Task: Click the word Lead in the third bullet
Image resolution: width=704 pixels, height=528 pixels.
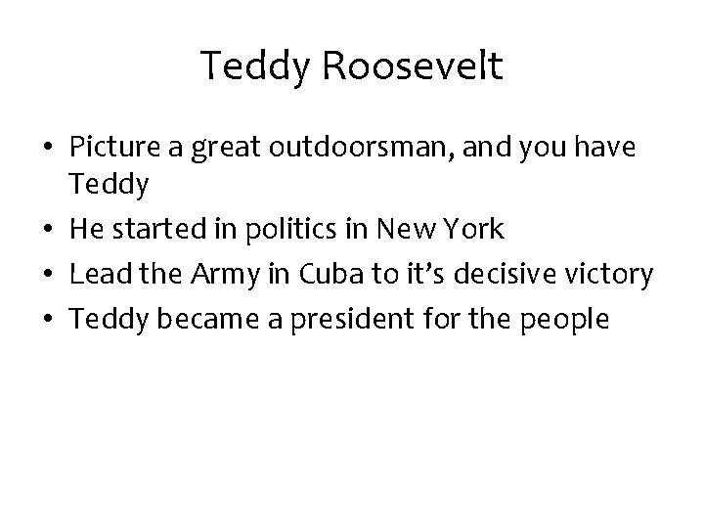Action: click(x=95, y=275)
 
